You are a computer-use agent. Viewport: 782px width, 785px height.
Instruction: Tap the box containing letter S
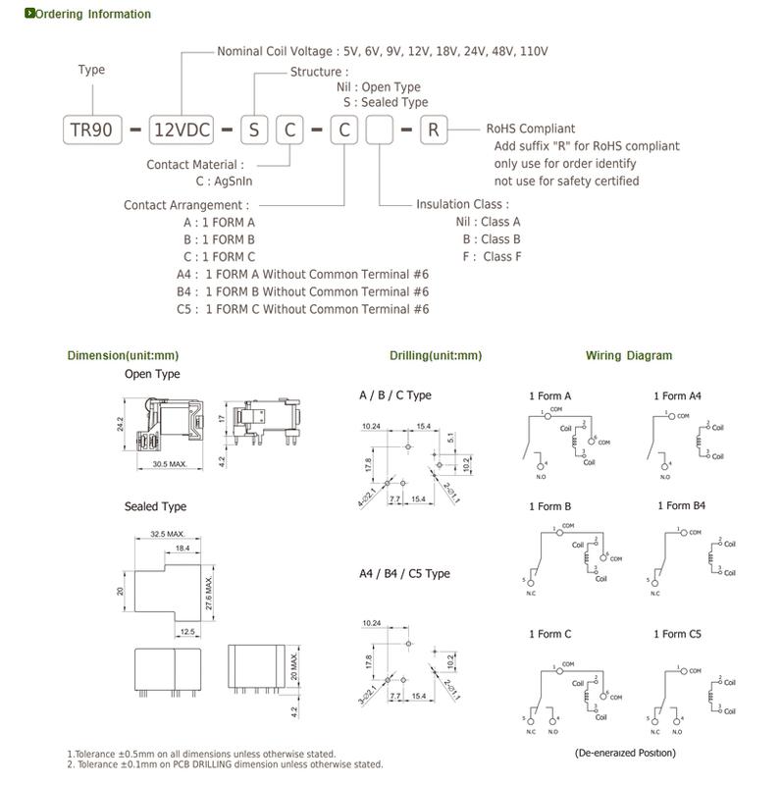click(x=254, y=130)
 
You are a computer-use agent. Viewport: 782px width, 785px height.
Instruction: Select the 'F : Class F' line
click(x=493, y=257)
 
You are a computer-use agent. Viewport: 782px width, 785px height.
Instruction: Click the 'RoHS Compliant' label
click(x=531, y=129)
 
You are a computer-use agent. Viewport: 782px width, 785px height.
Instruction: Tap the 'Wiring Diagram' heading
click(x=629, y=355)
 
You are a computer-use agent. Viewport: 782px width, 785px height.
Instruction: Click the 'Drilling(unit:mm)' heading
click(x=436, y=355)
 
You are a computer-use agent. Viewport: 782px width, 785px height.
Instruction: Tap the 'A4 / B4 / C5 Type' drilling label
click(x=404, y=573)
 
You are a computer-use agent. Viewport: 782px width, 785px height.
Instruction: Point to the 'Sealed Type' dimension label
click(x=155, y=506)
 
